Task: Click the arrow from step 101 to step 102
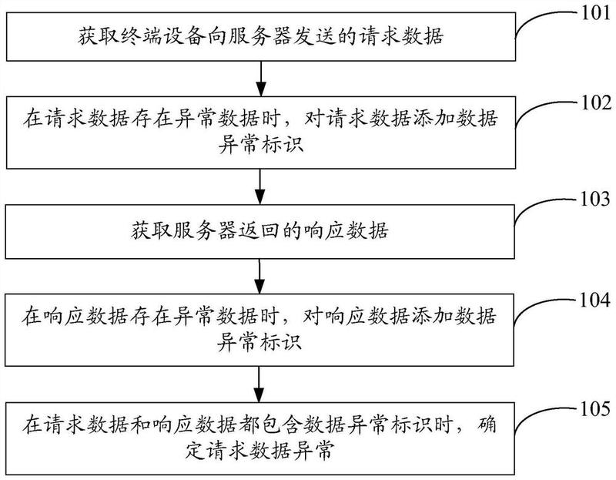(262, 76)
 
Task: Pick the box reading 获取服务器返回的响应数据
(262, 230)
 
